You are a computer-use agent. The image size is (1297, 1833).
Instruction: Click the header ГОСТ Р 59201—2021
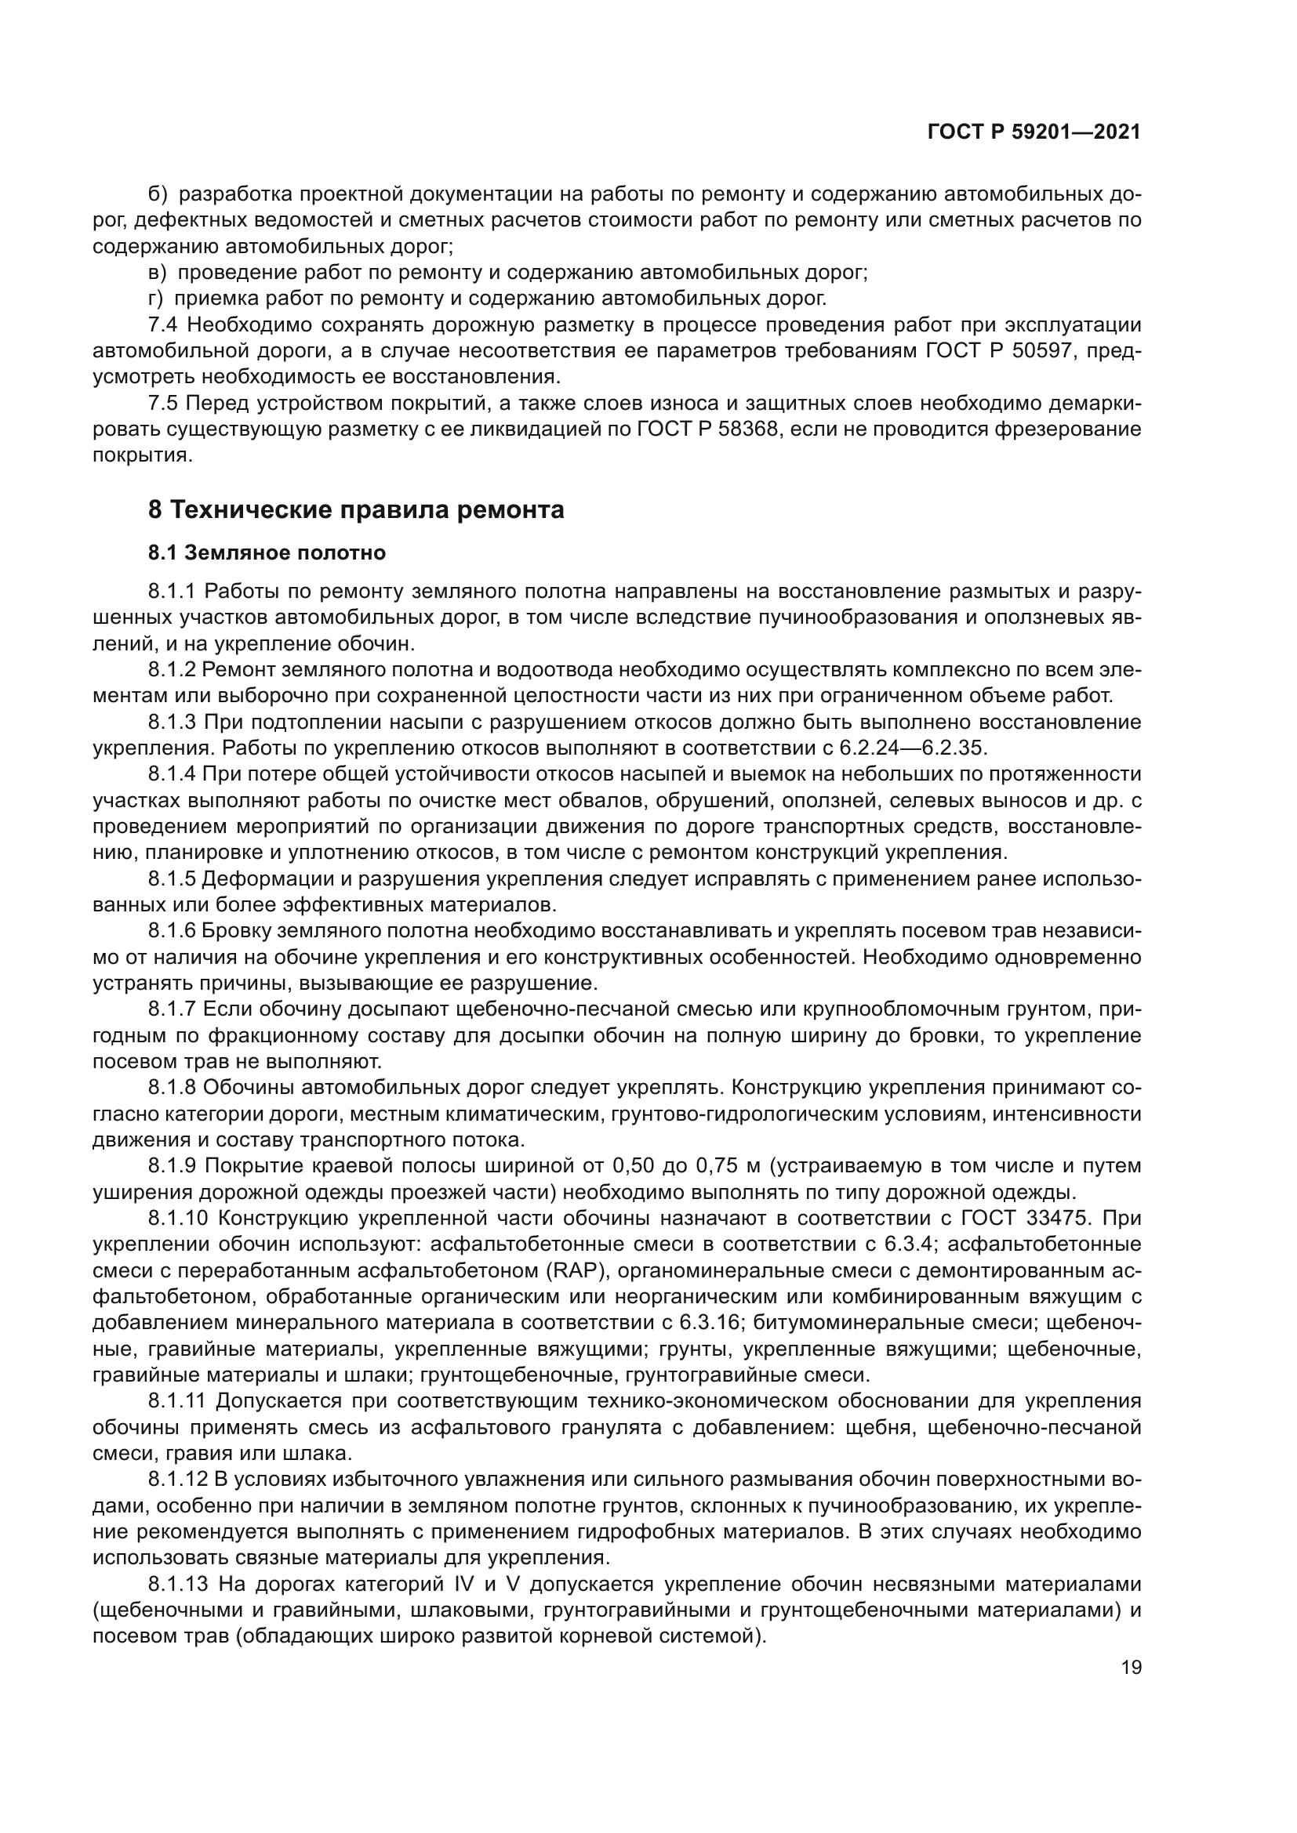click(1034, 132)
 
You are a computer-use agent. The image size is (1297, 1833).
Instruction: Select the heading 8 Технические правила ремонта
click(356, 509)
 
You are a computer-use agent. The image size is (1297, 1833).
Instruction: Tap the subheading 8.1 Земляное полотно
click(267, 552)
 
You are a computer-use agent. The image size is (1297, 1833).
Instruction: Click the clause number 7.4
click(165, 325)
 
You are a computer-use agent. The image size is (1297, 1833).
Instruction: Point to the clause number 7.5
click(165, 403)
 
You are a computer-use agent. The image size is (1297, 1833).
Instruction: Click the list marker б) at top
click(158, 194)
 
